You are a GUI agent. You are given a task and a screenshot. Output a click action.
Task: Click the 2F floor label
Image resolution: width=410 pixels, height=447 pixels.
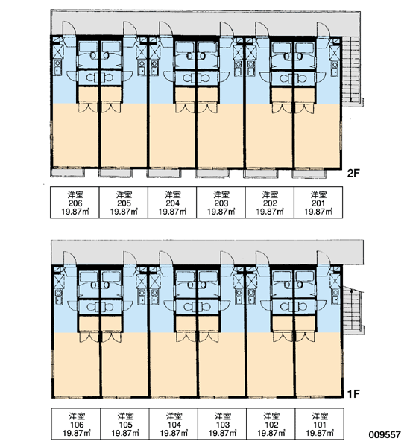353,173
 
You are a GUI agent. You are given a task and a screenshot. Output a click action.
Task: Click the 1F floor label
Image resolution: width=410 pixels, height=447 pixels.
353,394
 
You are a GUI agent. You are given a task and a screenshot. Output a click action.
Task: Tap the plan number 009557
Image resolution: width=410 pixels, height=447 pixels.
385,435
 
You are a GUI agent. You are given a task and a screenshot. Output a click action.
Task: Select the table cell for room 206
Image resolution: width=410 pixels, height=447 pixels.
75,203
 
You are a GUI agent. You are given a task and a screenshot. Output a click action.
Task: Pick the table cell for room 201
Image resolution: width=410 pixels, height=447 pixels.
318,203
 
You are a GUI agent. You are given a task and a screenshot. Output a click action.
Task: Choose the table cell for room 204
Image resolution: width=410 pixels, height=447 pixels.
172,203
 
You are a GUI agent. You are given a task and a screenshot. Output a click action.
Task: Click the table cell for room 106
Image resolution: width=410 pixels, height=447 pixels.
76,424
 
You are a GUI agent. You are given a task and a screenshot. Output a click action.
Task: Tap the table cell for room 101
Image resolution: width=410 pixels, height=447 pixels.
320,424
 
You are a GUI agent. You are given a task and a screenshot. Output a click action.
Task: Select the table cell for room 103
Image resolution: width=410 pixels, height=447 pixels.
222,424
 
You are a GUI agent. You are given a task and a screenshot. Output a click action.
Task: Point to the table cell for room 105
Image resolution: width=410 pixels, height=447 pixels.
125,424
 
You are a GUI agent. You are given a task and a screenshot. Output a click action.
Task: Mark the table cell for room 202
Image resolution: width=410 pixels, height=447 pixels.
270,203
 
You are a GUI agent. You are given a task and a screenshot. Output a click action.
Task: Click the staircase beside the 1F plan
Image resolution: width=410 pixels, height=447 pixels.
353,310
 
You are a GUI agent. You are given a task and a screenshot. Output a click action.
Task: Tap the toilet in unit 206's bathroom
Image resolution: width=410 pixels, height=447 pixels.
91,77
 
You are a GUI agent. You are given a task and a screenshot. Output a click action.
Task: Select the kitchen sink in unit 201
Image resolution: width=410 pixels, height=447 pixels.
335,69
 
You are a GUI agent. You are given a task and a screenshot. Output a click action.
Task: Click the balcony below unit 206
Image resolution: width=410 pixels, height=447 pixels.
68,173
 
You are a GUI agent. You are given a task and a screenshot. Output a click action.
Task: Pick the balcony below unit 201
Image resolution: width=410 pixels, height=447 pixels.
309,174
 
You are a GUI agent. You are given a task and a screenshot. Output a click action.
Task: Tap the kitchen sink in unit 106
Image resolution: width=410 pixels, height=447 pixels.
59,297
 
